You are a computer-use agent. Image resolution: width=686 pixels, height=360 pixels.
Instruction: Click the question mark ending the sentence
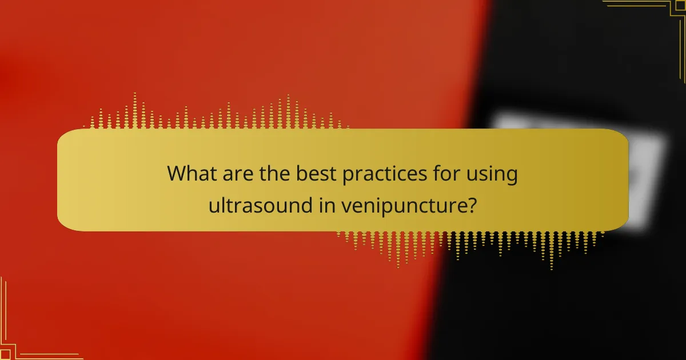[472, 205]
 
